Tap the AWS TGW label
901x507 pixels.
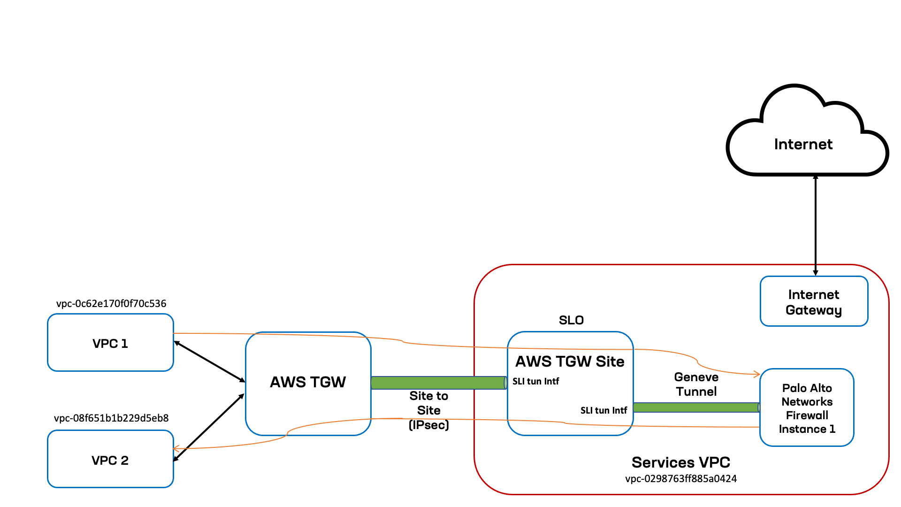point(308,382)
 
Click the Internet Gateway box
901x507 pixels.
point(814,302)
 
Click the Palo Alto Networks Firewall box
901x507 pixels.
point(807,408)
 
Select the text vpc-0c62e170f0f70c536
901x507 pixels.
point(111,303)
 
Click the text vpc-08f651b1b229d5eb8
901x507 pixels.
point(111,418)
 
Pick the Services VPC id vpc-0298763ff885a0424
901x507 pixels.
point(681,479)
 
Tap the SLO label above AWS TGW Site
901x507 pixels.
point(571,320)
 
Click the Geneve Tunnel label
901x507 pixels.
point(696,384)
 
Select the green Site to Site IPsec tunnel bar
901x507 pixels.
point(438,383)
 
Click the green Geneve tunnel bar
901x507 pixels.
point(696,407)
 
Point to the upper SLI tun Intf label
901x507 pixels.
point(535,381)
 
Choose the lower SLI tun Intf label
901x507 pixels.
point(603,410)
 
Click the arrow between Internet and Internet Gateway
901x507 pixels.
point(816,225)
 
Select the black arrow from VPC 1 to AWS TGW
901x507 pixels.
point(209,361)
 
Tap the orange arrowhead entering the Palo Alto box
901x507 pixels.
point(756,374)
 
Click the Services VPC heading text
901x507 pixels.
point(680,462)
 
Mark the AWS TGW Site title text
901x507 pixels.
point(570,361)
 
